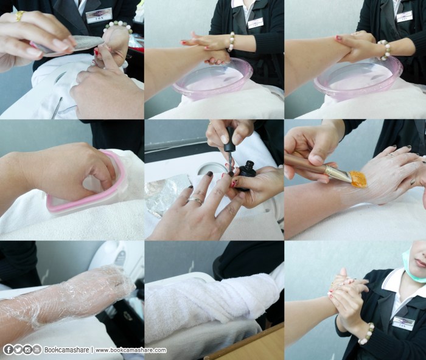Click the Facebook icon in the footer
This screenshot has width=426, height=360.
click(9, 350)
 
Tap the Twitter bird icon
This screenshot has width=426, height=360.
click(18, 350)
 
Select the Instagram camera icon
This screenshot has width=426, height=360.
click(28, 350)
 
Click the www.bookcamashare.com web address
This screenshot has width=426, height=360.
click(130, 350)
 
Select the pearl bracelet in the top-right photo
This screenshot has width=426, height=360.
click(384, 50)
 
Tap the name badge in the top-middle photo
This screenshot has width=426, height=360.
click(256, 22)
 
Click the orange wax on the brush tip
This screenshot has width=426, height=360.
click(358, 178)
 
